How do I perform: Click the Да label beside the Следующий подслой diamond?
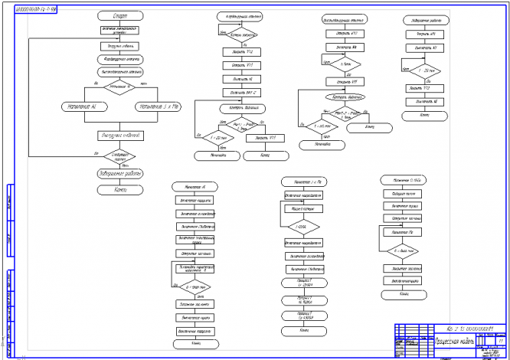tap(96, 152)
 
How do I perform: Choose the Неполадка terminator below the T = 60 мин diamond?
tap(322, 143)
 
